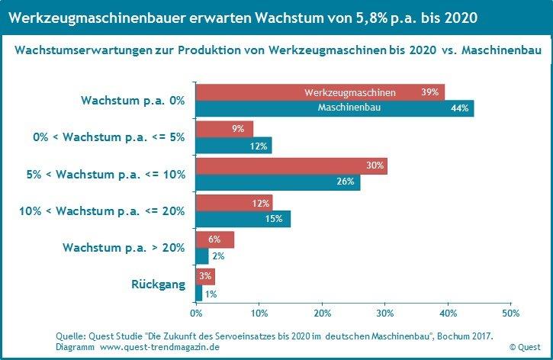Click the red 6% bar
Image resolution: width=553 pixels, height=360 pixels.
point(214,239)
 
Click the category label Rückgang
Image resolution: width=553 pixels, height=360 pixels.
point(158,284)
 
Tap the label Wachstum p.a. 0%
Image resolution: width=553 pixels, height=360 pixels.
point(133,101)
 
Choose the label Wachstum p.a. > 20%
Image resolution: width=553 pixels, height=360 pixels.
point(124,247)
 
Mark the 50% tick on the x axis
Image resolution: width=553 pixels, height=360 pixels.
point(510,313)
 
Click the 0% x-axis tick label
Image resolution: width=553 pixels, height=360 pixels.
point(195,313)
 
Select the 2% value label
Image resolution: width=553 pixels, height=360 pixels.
point(218,257)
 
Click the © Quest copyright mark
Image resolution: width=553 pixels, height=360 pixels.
point(525,346)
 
